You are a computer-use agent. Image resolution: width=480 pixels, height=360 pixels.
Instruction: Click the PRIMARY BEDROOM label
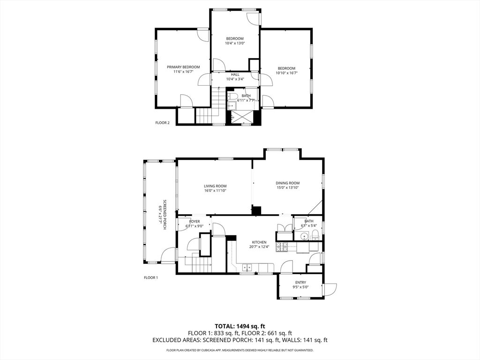(x=183, y=67)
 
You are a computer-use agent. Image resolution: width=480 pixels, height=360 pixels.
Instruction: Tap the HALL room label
(x=235, y=75)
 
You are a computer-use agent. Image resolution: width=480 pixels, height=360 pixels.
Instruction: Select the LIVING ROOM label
(x=215, y=186)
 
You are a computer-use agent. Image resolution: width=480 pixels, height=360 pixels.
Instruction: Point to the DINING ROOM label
(x=287, y=183)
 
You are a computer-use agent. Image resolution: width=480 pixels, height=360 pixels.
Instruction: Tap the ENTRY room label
(x=300, y=282)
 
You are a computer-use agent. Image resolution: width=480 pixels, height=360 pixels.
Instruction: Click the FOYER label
(x=194, y=221)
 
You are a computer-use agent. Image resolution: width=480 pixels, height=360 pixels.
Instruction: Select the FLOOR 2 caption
(x=162, y=123)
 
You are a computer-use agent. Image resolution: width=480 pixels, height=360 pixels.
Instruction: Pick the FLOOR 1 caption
(x=151, y=277)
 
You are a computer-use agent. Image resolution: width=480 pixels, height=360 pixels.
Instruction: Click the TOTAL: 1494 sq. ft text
(x=240, y=326)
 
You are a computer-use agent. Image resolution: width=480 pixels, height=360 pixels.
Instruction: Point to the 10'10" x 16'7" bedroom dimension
(x=286, y=73)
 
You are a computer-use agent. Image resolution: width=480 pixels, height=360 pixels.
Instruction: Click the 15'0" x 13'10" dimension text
(x=287, y=187)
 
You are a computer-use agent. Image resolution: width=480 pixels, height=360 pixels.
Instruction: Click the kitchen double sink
(x=247, y=268)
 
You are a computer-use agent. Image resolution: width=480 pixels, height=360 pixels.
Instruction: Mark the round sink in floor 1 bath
(x=304, y=236)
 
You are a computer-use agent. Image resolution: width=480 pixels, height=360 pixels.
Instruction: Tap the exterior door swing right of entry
(x=330, y=289)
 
